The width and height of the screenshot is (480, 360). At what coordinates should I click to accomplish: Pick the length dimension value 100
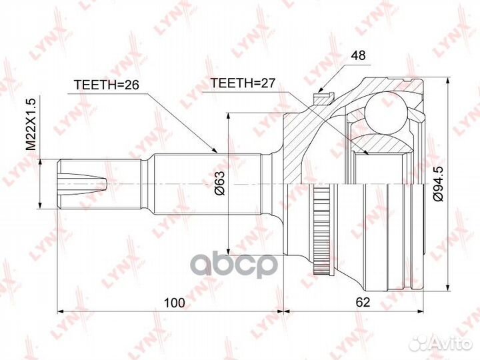tap(174, 302)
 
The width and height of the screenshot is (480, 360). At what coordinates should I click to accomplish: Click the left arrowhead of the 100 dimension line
tap(61, 311)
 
